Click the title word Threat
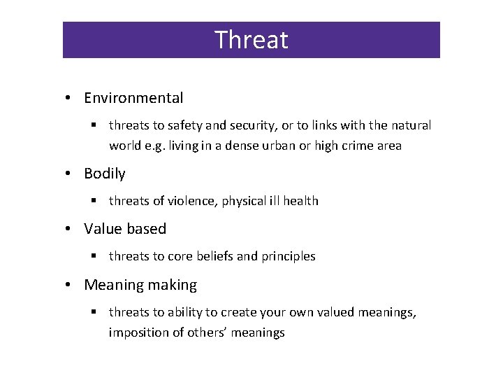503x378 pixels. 251,40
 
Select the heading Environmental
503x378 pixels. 133,98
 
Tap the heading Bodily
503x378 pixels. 104,173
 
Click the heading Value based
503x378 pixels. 125,229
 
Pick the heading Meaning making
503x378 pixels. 140,285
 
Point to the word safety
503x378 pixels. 184,126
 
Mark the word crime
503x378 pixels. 357,146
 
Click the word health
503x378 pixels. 300,201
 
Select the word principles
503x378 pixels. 289,257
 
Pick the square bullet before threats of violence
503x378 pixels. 93,201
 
